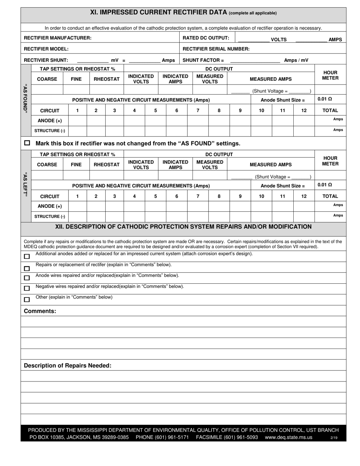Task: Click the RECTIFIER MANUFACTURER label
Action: pos(58,38)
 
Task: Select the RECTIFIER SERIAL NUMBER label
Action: pos(216,49)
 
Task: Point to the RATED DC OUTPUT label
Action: pos(206,38)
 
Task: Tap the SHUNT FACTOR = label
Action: pos(203,60)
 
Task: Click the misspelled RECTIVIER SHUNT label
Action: pos(46,60)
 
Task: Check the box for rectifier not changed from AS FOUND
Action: pos(27,143)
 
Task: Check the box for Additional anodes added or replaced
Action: pos(27,256)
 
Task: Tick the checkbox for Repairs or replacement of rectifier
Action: pos(27,269)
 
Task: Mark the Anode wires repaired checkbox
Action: pos(27,278)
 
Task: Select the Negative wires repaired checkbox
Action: pos(27,289)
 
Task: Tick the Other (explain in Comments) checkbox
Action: pos(27,300)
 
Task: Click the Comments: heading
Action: pos(40,311)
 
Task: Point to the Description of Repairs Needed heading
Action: pos(67,366)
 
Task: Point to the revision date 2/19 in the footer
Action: pos(334,438)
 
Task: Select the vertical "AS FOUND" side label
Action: pos(26,98)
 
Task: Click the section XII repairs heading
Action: pos(183,227)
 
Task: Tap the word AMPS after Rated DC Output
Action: pos(335,39)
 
